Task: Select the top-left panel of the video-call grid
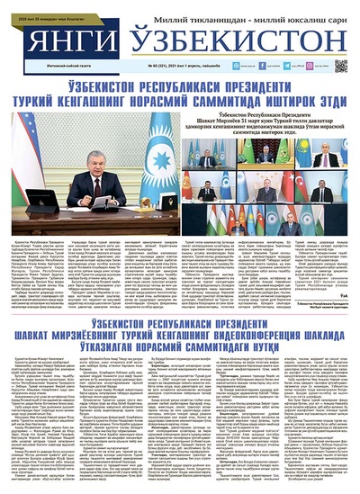click(x=206, y=157)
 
